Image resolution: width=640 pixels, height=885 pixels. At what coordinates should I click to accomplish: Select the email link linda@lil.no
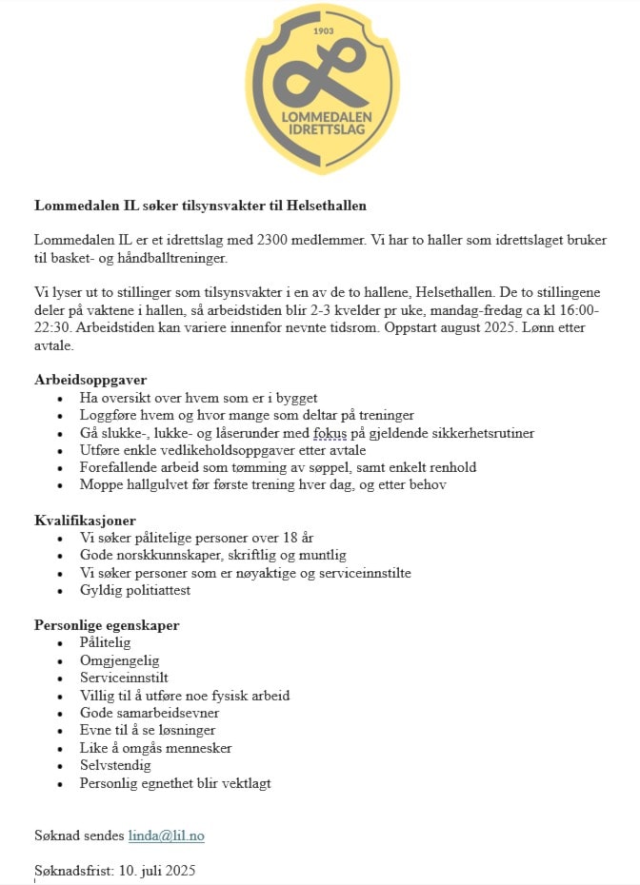[167, 836]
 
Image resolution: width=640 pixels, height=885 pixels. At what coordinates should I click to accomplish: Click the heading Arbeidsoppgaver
[90, 380]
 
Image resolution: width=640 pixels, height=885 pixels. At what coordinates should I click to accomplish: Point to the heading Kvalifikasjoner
[86, 521]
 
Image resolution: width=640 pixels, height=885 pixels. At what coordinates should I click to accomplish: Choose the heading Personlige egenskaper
[107, 625]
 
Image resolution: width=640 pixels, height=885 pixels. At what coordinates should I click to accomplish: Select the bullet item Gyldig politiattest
[135, 590]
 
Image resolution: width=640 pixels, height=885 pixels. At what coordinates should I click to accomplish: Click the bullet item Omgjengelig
[120, 660]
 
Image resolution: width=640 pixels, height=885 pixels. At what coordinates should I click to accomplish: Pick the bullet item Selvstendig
[115, 765]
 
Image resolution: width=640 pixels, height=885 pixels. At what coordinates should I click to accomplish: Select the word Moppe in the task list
[101, 484]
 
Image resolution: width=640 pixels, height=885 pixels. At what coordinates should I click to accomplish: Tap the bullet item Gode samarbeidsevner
[150, 713]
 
